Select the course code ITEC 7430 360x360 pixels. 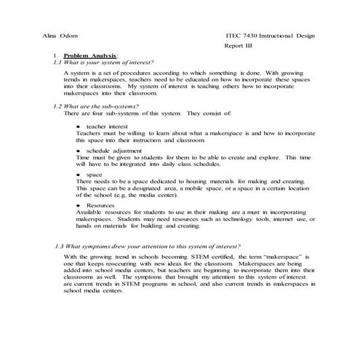pos(247,36)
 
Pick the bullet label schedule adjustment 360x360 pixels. pos(113,151)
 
